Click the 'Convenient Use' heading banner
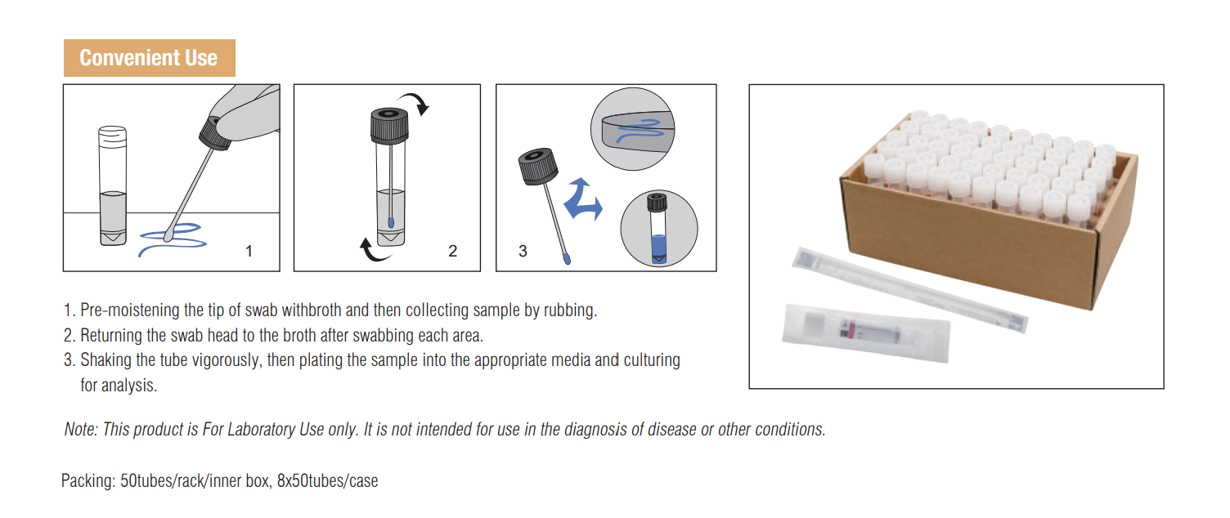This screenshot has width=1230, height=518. point(150,58)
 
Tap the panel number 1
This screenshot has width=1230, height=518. point(249,252)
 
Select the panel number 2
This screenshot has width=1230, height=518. point(452,252)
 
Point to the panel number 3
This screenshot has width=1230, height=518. point(523,252)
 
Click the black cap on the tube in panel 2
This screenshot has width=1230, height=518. point(389,126)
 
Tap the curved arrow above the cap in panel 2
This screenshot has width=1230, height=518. point(415,102)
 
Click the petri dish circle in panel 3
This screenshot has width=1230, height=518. point(632,129)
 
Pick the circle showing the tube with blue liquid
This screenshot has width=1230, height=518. point(659,228)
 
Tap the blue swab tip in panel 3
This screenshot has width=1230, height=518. point(566,257)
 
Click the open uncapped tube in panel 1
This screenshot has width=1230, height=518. point(113,185)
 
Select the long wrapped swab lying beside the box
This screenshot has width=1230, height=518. point(909,289)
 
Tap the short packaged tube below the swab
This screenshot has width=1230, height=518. point(866,333)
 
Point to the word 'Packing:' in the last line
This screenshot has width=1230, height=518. point(88,481)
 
